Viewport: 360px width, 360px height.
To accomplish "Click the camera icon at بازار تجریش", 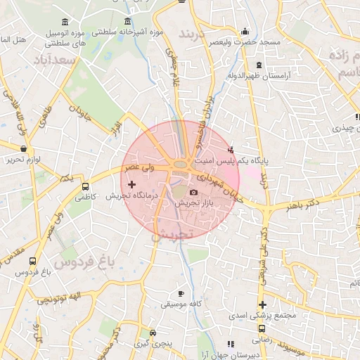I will click(x=194, y=192).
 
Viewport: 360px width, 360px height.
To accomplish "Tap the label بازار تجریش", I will click(x=194, y=202).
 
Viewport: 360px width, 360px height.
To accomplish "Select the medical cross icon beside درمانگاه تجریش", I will click(x=131, y=184).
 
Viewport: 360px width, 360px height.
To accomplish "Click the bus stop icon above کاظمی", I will click(x=85, y=187).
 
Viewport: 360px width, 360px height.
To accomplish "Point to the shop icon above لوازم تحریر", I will click(x=25, y=149).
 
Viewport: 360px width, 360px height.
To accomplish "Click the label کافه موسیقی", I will click(x=175, y=304).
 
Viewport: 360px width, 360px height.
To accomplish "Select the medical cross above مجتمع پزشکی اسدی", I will click(x=262, y=305).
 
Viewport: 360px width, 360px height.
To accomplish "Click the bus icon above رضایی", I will click(x=262, y=328).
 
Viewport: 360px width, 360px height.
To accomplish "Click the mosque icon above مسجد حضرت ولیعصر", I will click(x=244, y=31).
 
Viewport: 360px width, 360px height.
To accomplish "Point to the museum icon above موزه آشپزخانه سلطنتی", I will click(x=127, y=21).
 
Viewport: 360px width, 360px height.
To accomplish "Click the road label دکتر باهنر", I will click(x=300, y=206).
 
